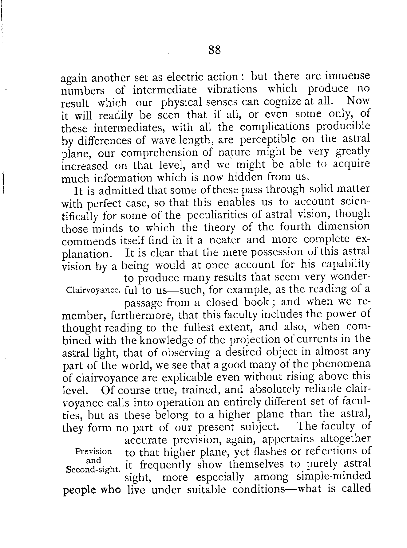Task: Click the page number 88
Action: [214, 50]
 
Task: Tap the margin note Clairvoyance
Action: [93, 290]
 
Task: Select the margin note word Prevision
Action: [93, 452]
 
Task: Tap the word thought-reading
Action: [103, 328]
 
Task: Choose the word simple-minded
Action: [334, 477]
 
